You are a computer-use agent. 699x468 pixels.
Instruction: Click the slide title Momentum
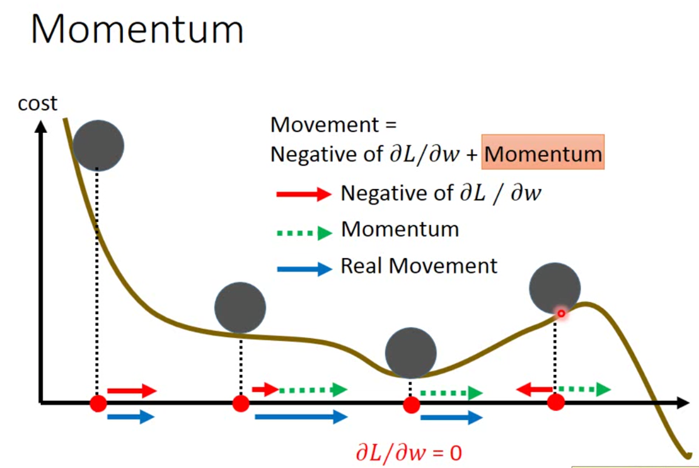pyautogui.click(x=137, y=29)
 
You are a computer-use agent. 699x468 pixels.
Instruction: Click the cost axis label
pyautogui.click(x=37, y=104)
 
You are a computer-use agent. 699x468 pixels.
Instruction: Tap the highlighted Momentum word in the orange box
pyautogui.click(x=543, y=154)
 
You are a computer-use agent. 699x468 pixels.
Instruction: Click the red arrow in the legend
pyautogui.click(x=303, y=194)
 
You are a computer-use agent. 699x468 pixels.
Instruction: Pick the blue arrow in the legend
pyautogui.click(x=303, y=269)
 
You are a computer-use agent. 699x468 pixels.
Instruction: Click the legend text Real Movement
pyautogui.click(x=419, y=266)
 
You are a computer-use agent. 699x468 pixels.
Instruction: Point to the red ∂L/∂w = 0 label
pyautogui.click(x=408, y=452)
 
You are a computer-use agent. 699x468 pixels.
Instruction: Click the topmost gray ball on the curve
pyautogui.click(x=99, y=145)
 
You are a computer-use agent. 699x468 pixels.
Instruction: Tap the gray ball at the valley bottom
pyautogui.click(x=411, y=353)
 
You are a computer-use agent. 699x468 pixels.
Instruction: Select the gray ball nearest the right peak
pyautogui.click(x=555, y=287)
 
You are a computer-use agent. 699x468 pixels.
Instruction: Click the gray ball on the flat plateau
pyautogui.click(x=240, y=307)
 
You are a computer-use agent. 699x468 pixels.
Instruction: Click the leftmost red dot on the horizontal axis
pyautogui.click(x=98, y=403)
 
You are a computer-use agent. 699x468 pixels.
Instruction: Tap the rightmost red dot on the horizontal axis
pyautogui.click(x=556, y=402)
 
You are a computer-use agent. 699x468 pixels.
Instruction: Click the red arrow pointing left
pyautogui.click(x=534, y=389)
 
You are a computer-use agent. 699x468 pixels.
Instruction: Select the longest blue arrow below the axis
pyautogui.click(x=300, y=416)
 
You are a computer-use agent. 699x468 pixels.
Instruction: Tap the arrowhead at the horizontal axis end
pyautogui.click(x=681, y=402)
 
